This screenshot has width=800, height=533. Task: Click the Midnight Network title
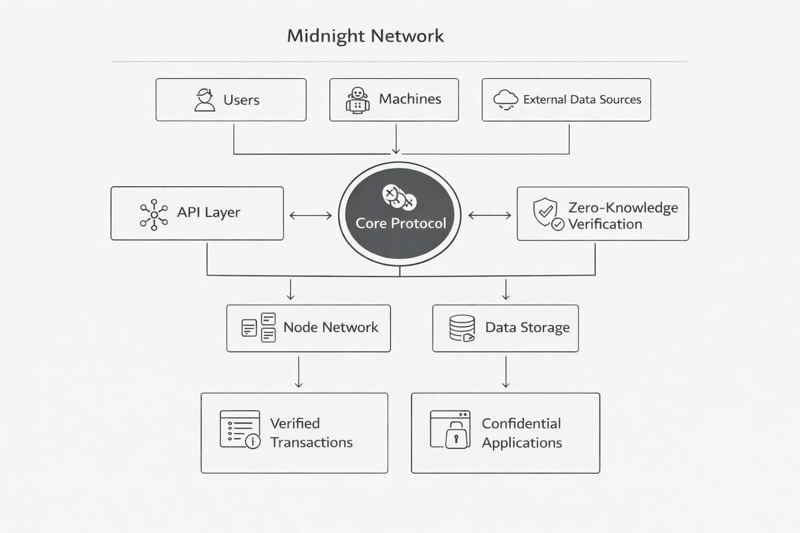(x=365, y=36)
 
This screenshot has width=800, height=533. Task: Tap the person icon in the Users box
(x=205, y=99)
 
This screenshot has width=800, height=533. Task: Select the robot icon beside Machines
(x=358, y=100)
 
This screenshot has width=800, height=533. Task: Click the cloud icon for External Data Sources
(x=505, y=99)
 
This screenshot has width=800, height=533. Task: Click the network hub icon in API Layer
(x=154, y=214)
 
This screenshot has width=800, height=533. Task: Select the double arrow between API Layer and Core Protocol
(x=310, y=215)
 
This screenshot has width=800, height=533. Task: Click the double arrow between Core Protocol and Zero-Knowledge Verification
(x=490, y=215)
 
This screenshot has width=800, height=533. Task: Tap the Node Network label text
(x=331, y=327)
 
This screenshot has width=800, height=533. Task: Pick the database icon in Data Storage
(x=462, y=328)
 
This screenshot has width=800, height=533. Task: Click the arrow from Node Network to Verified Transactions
(x=298, y=372)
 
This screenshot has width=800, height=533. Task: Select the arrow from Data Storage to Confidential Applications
(x=506, y=372)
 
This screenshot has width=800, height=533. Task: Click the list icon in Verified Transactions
(x=240, y=429)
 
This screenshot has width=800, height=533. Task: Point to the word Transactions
(x=311, y=442)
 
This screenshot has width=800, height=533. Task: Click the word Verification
(x=605, y=224)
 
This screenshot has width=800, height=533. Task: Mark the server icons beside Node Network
(x=259, y=327)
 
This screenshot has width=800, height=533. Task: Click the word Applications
(x=522, y=443)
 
